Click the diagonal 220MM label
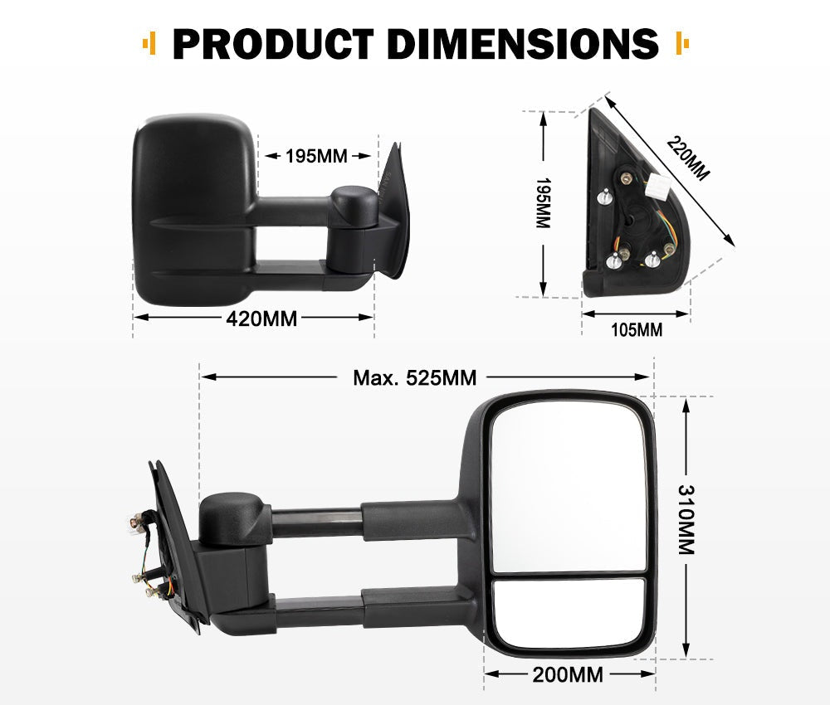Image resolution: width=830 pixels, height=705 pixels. (x=689, y=158)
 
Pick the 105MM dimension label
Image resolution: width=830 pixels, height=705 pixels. (x=636, y=330)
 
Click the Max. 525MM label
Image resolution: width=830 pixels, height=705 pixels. (x=414, y=378)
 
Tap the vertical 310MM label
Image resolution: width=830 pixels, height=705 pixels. (x=686, y=520)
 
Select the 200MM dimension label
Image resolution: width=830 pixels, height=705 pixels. (x=568, y=674)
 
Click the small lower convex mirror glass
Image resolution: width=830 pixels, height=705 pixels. (x=568, y=612)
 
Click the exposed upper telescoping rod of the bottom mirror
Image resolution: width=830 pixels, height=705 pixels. (x=315, y=523)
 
